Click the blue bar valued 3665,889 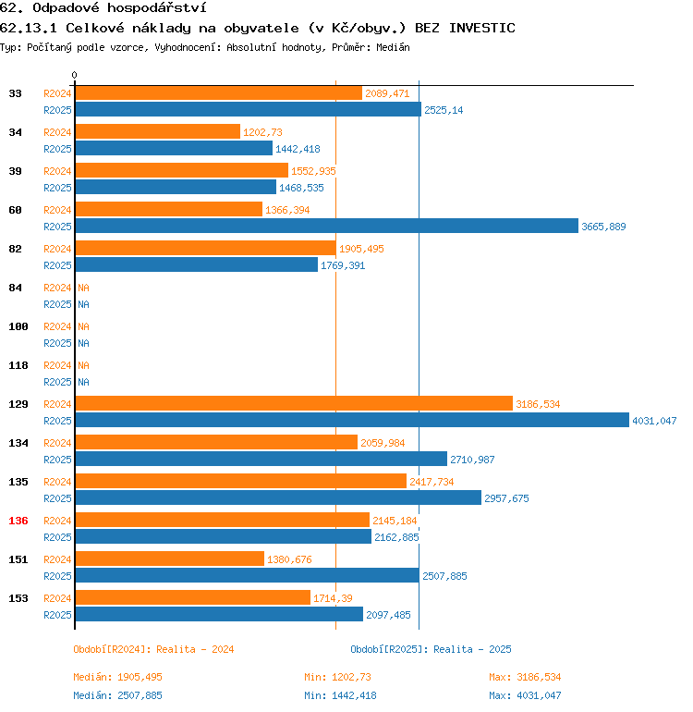pyautogui.click(x=326, y=227)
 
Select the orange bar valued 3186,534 pyautogui.click(x=294, y=403)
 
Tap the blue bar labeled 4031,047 pyautogui.click(x=352, y=420)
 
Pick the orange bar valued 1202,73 pyautogui.click(x=157, y=131)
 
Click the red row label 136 pyautogui.click(x=18, y=521)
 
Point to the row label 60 pyautogui.click(x=16, y=210)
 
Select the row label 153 pyautogui.click(x=18, y=598)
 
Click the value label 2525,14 pyautogui.click(x=444, y=110)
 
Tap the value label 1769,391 pyautogui.click(x=344, y=265)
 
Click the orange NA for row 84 pyautogui.click(x=83, y=288)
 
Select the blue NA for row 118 pyautogui.click(x=83, y=382)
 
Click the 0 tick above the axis pyautogui.click(x=75, y=75)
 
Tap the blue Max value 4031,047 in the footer pyautogui.click(x=539, y=695)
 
